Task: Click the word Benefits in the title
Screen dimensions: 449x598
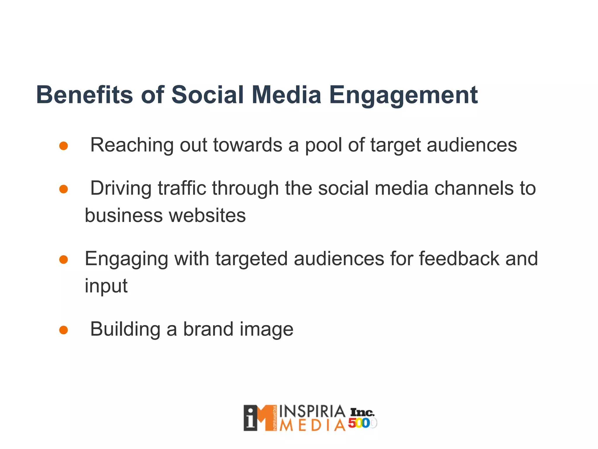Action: (84, 95)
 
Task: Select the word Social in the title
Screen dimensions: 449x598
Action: (207, 95)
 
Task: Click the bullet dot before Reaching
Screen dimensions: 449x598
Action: (63, 146)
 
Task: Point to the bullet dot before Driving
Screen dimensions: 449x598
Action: (63, 189)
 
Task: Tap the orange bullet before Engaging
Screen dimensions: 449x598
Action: (63, 260)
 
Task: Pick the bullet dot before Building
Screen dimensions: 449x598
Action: (63, 330)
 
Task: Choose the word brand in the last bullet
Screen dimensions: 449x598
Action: (208, 329)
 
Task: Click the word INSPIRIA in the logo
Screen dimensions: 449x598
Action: (312, 412)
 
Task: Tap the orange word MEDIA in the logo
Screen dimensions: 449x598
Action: (312, 426)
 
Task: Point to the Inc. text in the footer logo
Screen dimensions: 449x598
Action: (362, 412)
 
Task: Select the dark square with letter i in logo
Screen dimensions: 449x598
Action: (251, 418)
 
